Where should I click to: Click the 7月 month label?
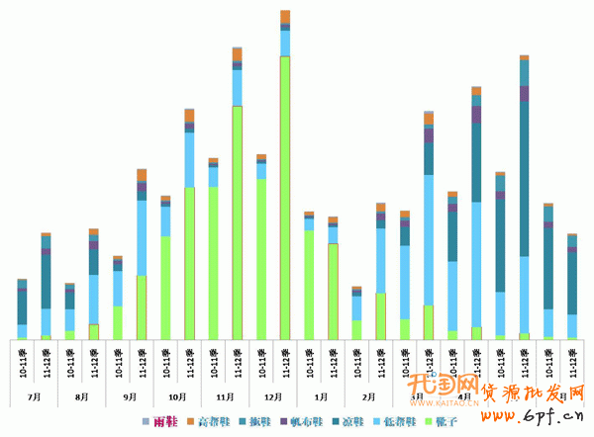[x=36, y=395]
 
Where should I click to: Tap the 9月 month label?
[x=131, y=395]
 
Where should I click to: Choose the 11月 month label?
[x=226, y=395]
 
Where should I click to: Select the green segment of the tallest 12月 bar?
[x=285, y=198]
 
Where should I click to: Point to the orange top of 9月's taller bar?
[x=142, y=175]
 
